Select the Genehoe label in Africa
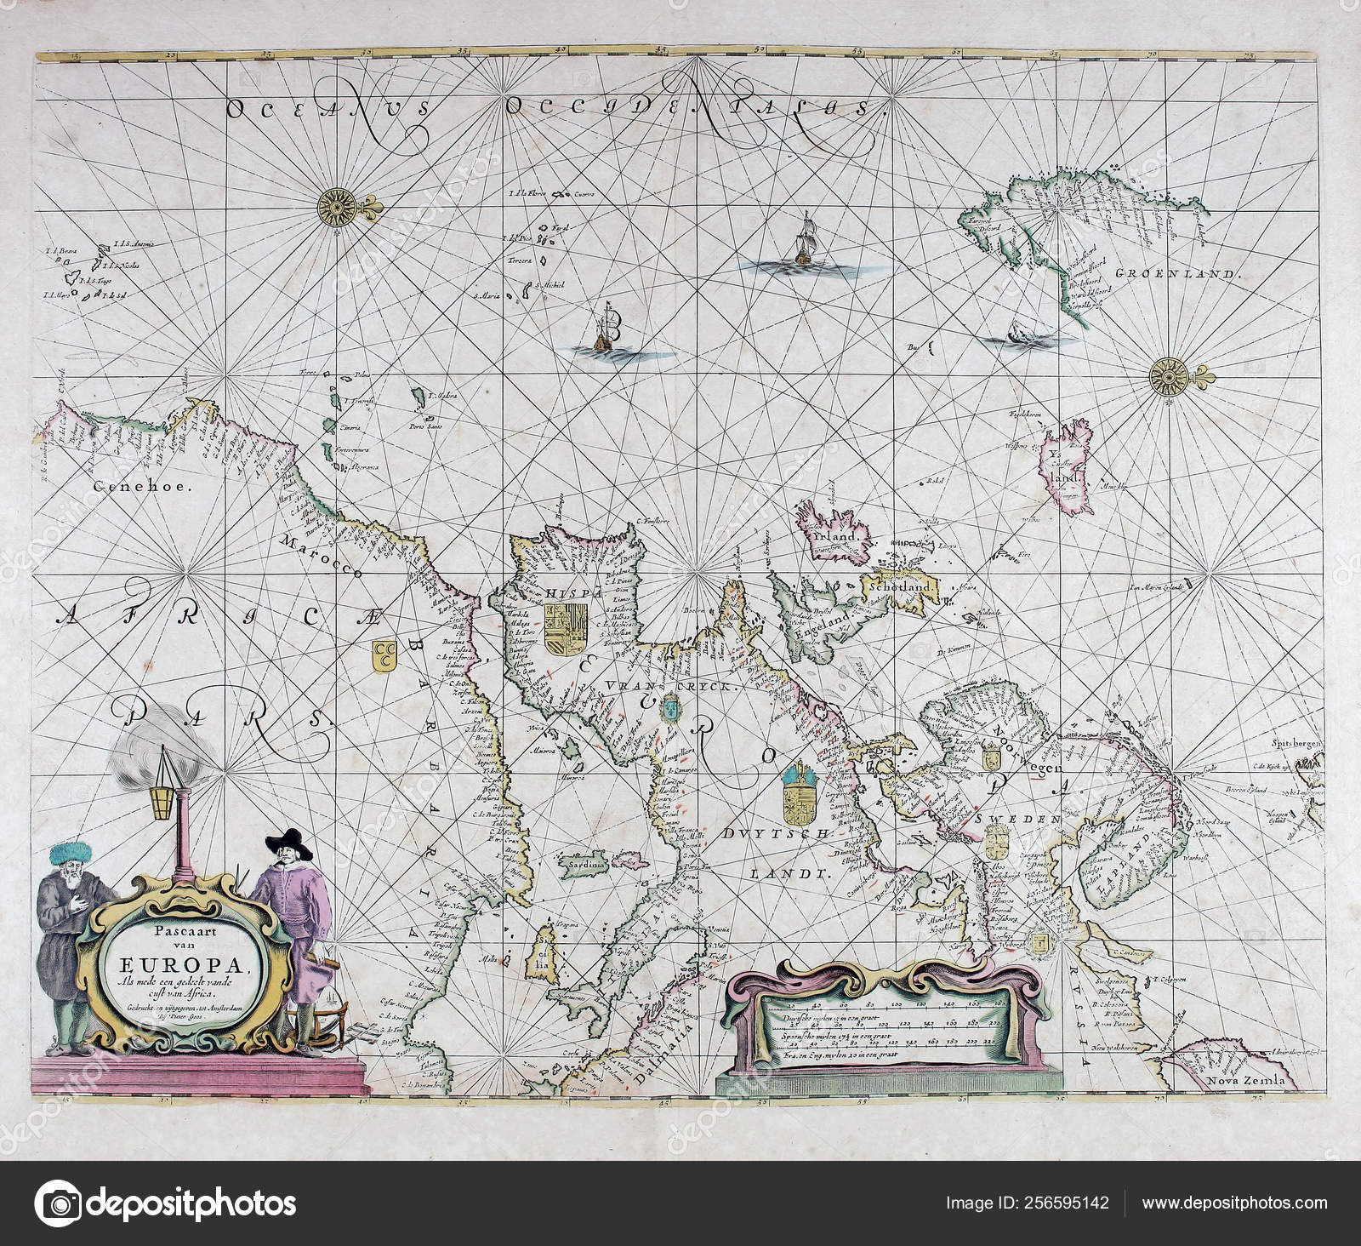137,488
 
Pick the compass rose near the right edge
1163,374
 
